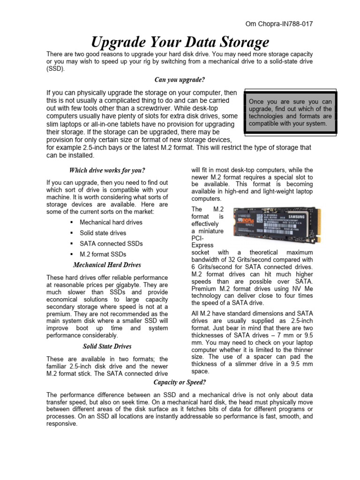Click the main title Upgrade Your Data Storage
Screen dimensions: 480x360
point(180,43)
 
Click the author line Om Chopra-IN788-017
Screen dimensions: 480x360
point(279,23)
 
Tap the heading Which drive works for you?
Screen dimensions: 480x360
point(107,170)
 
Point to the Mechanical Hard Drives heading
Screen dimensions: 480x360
point(107,265)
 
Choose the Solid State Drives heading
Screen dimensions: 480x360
point(107,346)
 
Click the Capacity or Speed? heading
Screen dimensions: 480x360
point(180,382)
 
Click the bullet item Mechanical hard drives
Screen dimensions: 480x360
point(111,222)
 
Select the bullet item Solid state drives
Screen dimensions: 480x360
point(103,233)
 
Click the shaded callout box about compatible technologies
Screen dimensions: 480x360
point(290,113)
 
